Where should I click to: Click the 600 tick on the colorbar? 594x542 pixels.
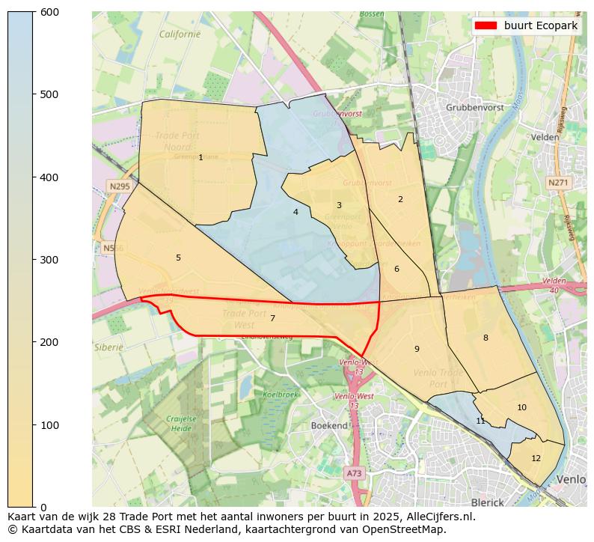pyautogui.click(x=34, y=12)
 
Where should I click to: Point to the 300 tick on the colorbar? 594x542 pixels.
pyautogui.click(x=34, y=260)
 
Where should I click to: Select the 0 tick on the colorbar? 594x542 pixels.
pyautogui.click(x=34, y=507)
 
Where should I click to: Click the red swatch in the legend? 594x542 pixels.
pyautogui.click(x=486, y=25)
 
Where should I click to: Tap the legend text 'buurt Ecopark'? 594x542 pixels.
pyautogui.click(x=541, y=25)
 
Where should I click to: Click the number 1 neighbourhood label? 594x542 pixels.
pyautogui.click(x=200, y=157)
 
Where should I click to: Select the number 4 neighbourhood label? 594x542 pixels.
pyautogui.click(x=296, y=212)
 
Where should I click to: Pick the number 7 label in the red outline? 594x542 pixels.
pyautogui.click(x=272, y=318)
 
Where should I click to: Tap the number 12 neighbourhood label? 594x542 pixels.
pyautogui.click(x=536, y=458)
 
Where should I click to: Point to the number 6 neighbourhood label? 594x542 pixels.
pyautogui.click(x=396, y=269)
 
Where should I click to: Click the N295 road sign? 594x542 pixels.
pyautogui.click(x=119, y=186)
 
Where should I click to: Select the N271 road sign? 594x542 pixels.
pyautogui.click(x=557, y=183)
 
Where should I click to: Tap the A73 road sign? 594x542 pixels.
pyautogui.click(x=354, y=473)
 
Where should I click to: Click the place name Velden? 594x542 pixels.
pyautogui.click(x=545, y=137)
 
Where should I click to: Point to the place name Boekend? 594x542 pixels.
pyautogui.click(x=329, y=425)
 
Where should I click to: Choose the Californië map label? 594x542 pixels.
pyautogui.click(x=180, y=34)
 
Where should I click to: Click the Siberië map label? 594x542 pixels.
pyautogui.click(x=108, y=347)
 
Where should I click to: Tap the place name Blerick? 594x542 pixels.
pyautogui.click(x=488, y=502)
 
